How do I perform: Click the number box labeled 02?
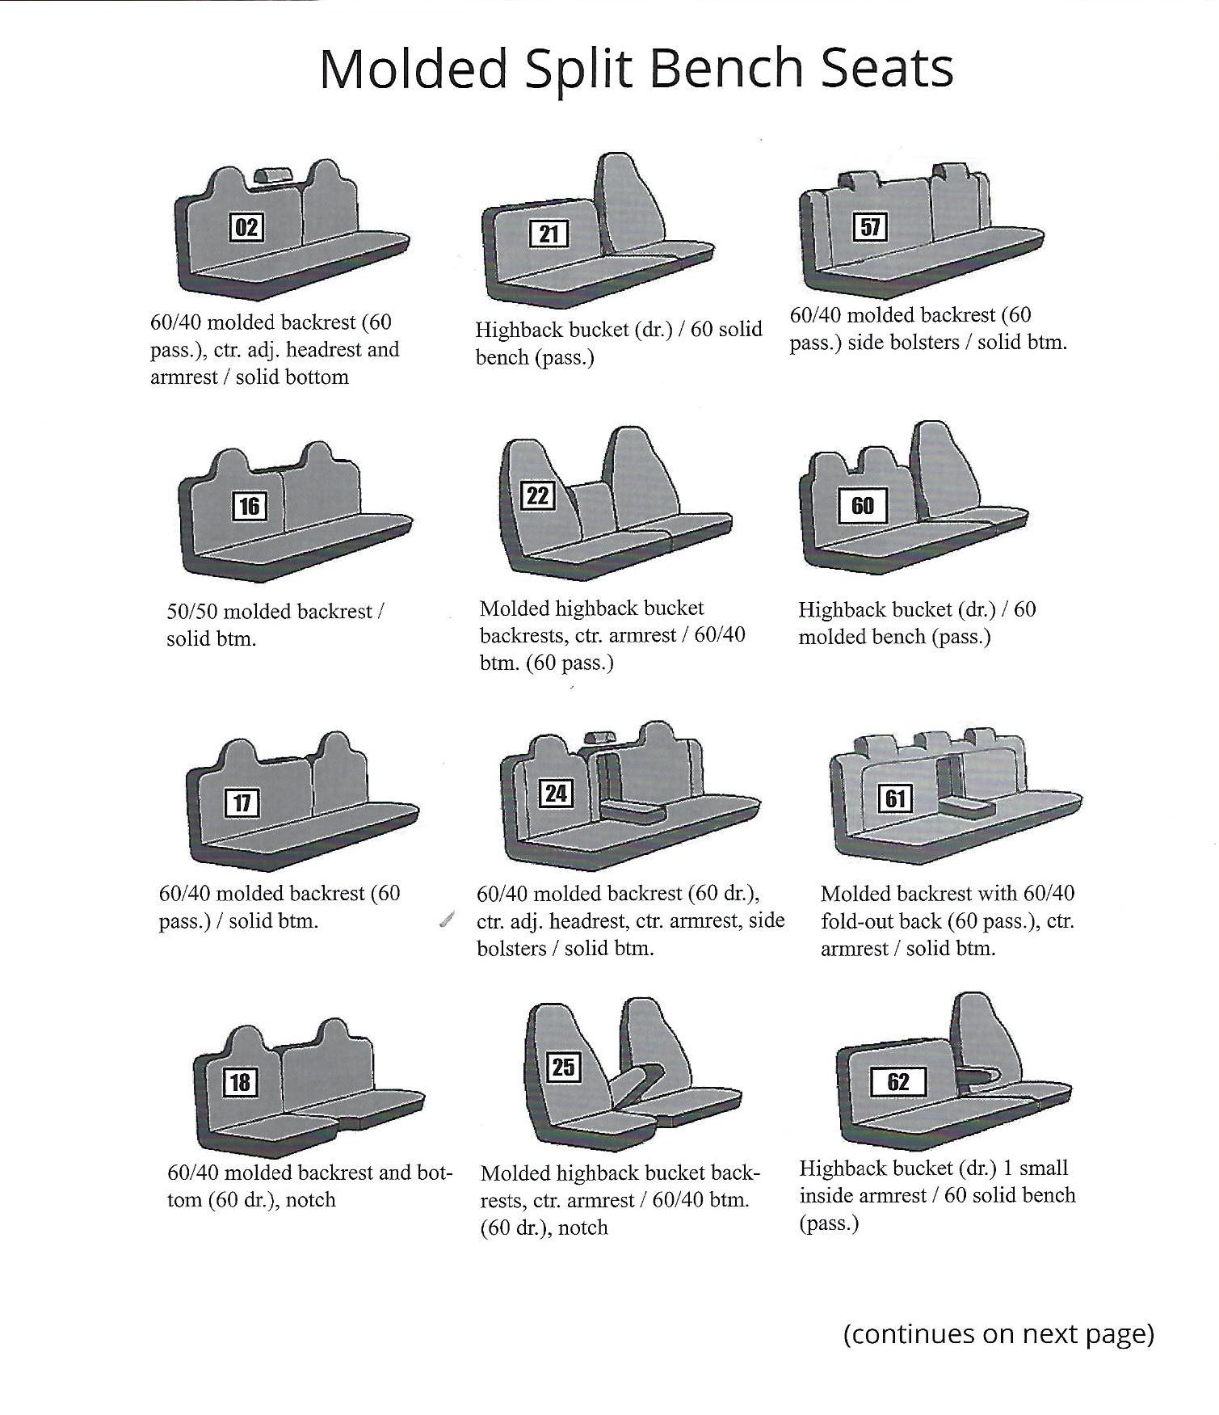[246, 228]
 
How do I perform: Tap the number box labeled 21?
[549, 234]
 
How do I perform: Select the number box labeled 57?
[870, 227]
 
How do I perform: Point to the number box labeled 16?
[249, 507]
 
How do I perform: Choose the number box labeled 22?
[538, 495]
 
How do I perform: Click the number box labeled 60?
[862, 506]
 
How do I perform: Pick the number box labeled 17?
[242, 803]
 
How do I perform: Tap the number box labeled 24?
[556, 794]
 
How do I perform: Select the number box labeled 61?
[896, 799]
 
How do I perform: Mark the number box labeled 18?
[240, 1082]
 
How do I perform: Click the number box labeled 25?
[564, 1068]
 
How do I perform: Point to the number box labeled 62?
[898, 1082]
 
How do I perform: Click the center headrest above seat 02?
[274, 175]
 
